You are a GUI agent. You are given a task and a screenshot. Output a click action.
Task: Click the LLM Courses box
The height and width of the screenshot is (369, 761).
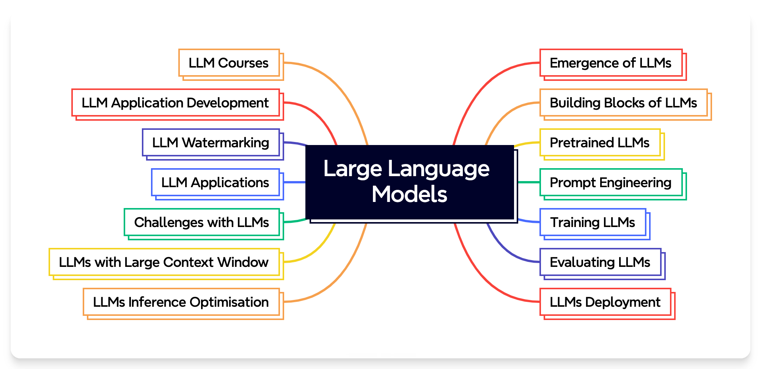coord(229,63)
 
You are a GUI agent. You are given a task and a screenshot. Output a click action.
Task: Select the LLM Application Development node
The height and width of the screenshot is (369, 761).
coord(175,103)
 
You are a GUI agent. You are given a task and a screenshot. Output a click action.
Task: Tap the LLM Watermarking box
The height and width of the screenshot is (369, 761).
coord(211,143)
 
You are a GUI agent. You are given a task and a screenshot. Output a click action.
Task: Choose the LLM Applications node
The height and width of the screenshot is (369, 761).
coord(215,183)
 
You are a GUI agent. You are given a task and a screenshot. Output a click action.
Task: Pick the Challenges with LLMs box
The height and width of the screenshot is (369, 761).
coord(201,222)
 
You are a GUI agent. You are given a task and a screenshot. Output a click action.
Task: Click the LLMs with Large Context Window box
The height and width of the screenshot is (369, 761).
coord(164,262)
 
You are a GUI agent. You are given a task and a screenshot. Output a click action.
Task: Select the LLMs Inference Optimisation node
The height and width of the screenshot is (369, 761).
coord(181,302)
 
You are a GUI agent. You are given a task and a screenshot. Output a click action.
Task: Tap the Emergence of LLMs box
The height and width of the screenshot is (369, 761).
coord(611,63)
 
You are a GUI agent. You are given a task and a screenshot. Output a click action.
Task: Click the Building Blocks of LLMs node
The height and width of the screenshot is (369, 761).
coord(623,103)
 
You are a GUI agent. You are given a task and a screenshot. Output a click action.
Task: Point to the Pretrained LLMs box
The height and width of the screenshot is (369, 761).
coord(600,143)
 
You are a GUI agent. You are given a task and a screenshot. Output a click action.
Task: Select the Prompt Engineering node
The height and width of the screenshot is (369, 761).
coord(611,183)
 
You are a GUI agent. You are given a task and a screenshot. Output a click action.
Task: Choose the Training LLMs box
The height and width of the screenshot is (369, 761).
coord(593,222)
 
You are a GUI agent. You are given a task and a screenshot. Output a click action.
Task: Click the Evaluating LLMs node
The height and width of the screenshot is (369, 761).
coord(600,262)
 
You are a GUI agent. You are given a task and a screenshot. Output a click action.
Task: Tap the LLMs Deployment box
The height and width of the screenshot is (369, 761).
coord(605,302)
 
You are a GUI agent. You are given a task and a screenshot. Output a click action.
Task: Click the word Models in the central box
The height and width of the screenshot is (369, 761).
coord(409,194)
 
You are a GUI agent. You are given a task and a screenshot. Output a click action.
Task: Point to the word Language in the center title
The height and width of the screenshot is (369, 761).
coord(439,169)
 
